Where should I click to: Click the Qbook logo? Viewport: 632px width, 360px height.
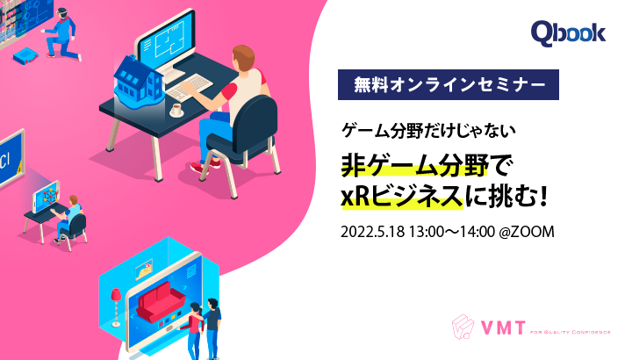(568, 33)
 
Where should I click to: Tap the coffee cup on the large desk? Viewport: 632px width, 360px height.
(176, 109)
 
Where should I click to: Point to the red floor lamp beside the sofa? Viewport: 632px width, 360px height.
(115, 308)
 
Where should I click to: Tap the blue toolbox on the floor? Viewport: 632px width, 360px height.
(25, 54)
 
